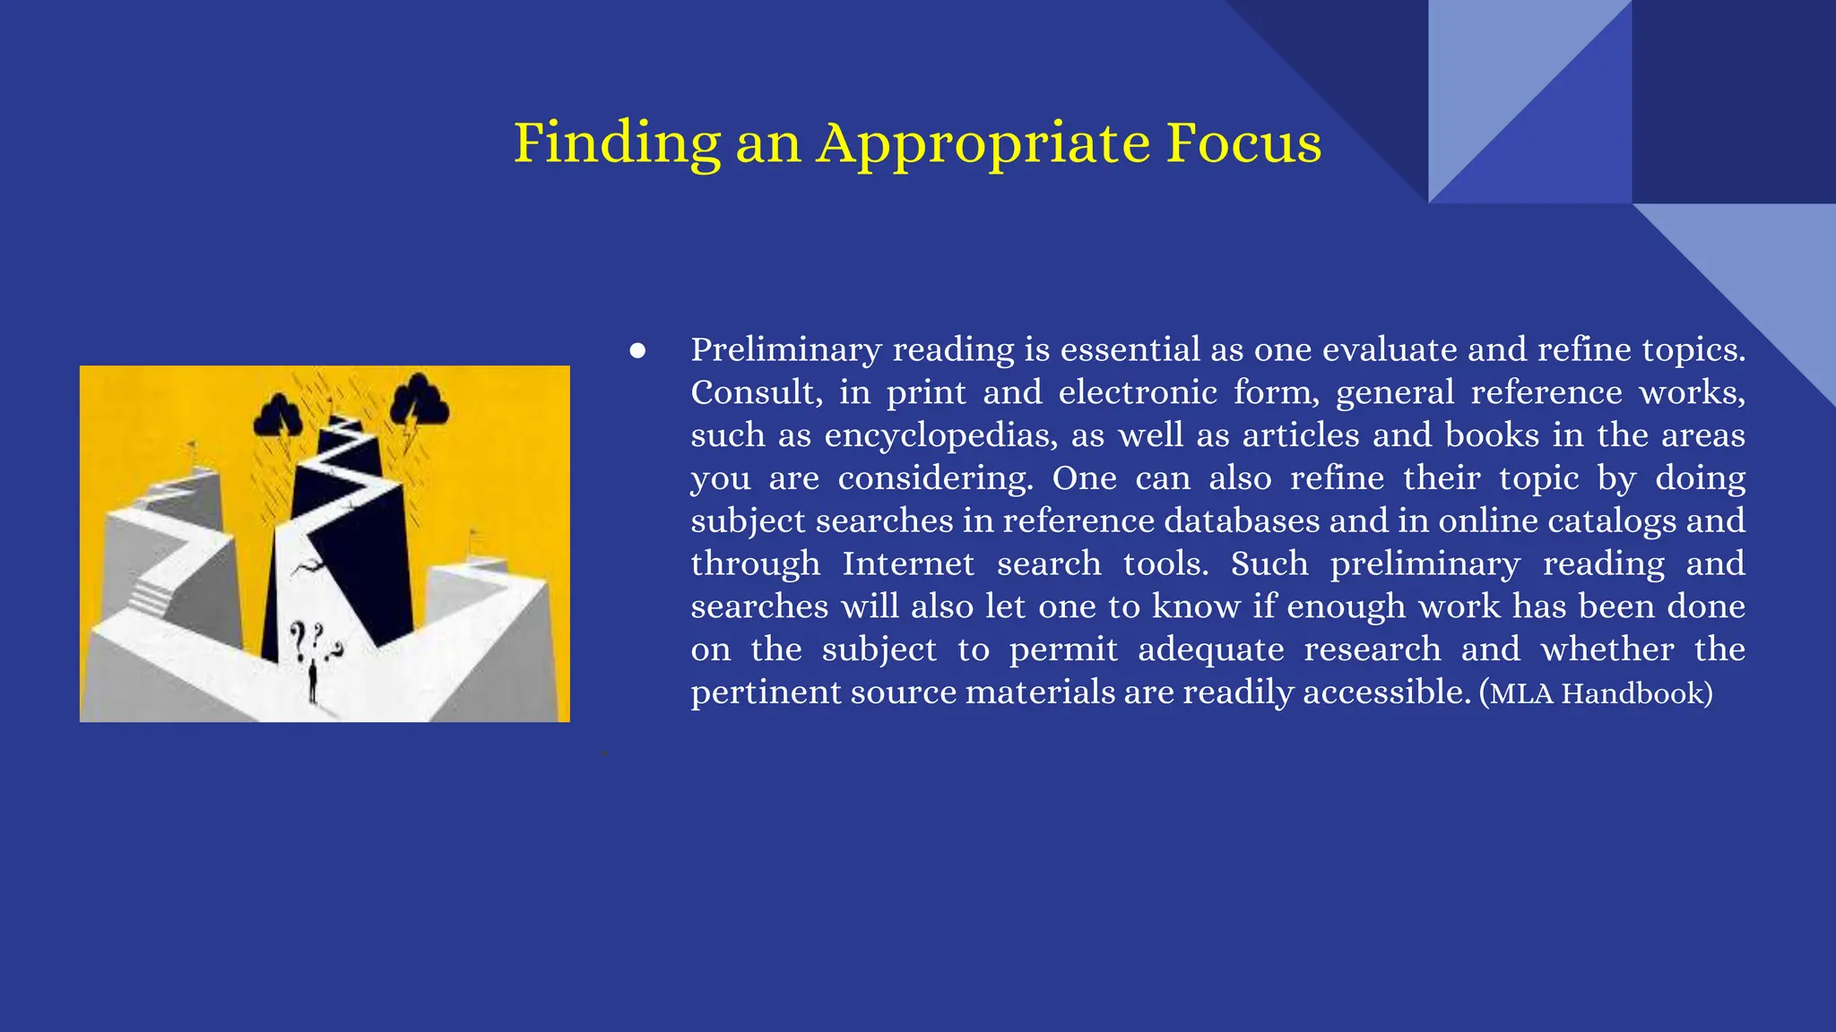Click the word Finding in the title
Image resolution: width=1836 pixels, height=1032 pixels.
pyautogui.click(x=617, y=143)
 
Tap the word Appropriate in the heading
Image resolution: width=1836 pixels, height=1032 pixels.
pyautogui.click(x=983, y=143)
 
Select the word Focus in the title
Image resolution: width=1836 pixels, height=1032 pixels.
pyautogui.click(x=1243, y=143)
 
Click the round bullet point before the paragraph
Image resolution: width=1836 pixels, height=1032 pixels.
pyautogui.click(x=637, y=350)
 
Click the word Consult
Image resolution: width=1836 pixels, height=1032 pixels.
pyautogui.click(x=756, y=392)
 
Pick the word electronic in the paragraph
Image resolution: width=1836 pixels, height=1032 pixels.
pyautogui.click(x=1136, y=392)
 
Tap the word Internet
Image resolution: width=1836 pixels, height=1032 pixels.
pyautogui.click(x=907, y=563)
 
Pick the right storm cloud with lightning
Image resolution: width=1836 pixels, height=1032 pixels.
pyautogui.click(x=419, y=401)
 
